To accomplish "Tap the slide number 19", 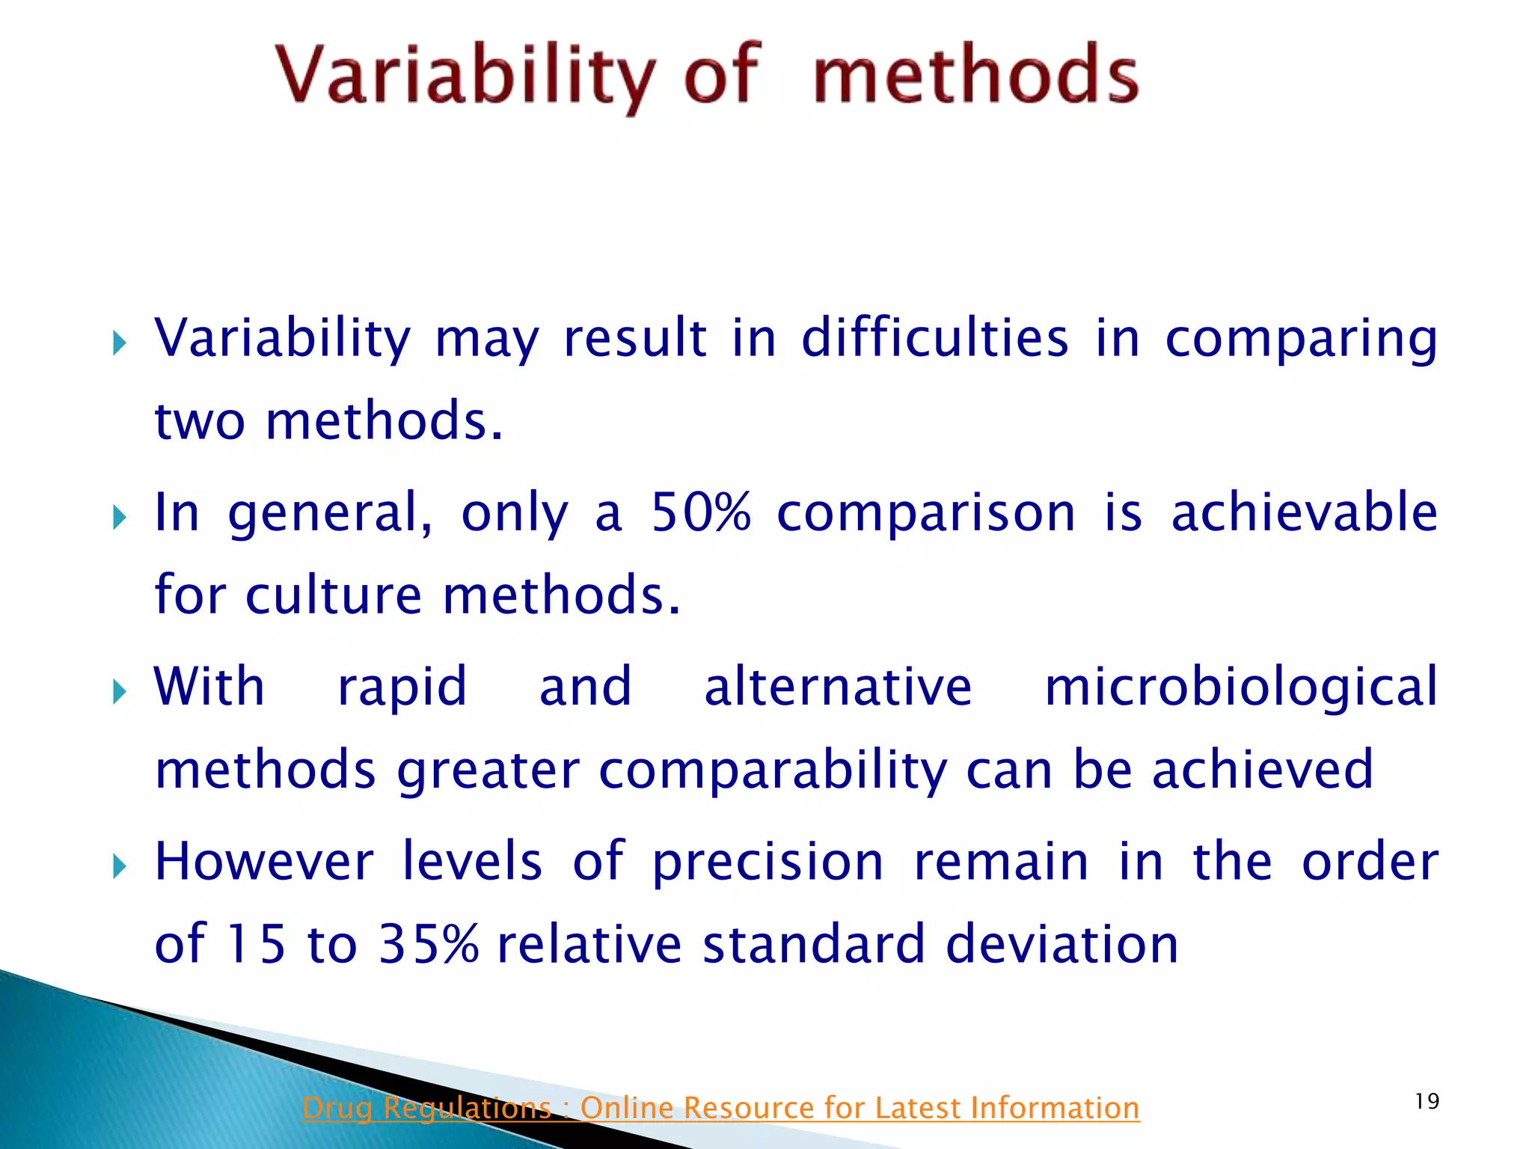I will coord(1427,1101).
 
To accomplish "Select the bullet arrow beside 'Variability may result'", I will coord(119,344).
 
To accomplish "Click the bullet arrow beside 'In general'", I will coord(119,517).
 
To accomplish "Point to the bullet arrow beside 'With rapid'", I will coord(119,692).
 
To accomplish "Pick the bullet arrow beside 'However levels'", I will coord(119,867).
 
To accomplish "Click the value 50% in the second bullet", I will coord(700,513).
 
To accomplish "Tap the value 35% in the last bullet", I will coord(428,944).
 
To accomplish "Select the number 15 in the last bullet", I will coord(256,944).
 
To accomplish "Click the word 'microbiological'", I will coord(1241,687).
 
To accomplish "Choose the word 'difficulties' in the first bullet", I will coord(935,338).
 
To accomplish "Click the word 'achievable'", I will coord(1304,513).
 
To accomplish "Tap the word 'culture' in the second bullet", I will coord(334,595).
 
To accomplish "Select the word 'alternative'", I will coord(838,687).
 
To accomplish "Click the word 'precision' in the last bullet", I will coord(768,863).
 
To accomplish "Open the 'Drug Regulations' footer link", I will coord(720,1108).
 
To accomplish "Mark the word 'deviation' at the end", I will coord(1062,944).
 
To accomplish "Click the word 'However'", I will coord(263,862).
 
